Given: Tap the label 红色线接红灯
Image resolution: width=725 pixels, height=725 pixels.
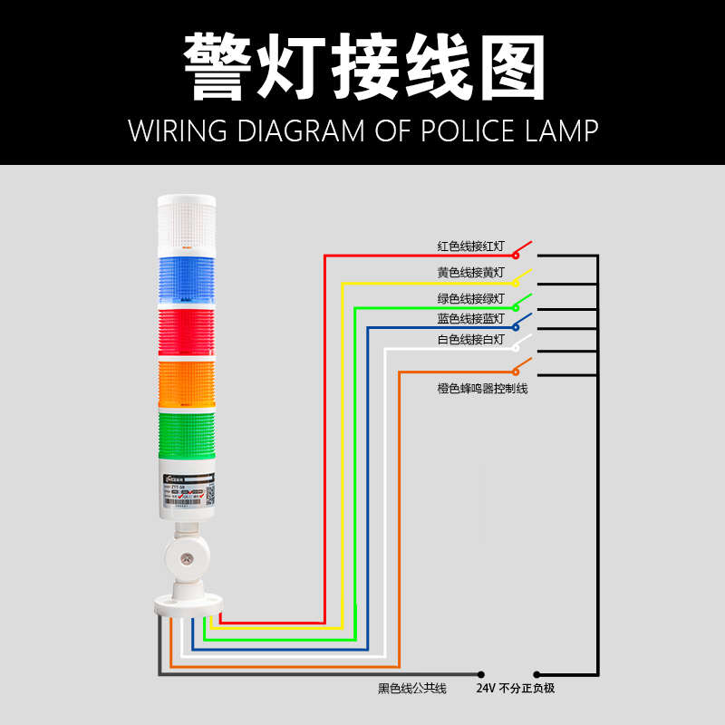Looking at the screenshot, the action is point(470,246).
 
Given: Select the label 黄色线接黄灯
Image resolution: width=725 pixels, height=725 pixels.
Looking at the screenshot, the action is point(470,272).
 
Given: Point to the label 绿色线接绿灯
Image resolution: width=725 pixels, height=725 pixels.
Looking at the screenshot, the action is point(470,297).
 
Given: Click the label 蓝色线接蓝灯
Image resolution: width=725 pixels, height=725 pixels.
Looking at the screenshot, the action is point(470,318).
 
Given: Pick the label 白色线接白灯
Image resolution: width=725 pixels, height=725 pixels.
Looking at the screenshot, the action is point(470,340).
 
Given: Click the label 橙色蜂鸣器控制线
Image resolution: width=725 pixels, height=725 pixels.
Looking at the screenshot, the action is point(482,388).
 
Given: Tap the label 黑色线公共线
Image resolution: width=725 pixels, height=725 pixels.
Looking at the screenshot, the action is point(412,689).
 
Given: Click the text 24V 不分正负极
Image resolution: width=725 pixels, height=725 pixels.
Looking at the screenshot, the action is point(515,689).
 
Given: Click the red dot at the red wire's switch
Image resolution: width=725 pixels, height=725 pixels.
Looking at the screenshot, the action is point(516,256).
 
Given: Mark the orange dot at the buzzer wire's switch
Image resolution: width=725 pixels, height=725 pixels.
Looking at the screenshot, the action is point(516,371).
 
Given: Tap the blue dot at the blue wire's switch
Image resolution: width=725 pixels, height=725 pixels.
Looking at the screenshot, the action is point(516,326).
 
